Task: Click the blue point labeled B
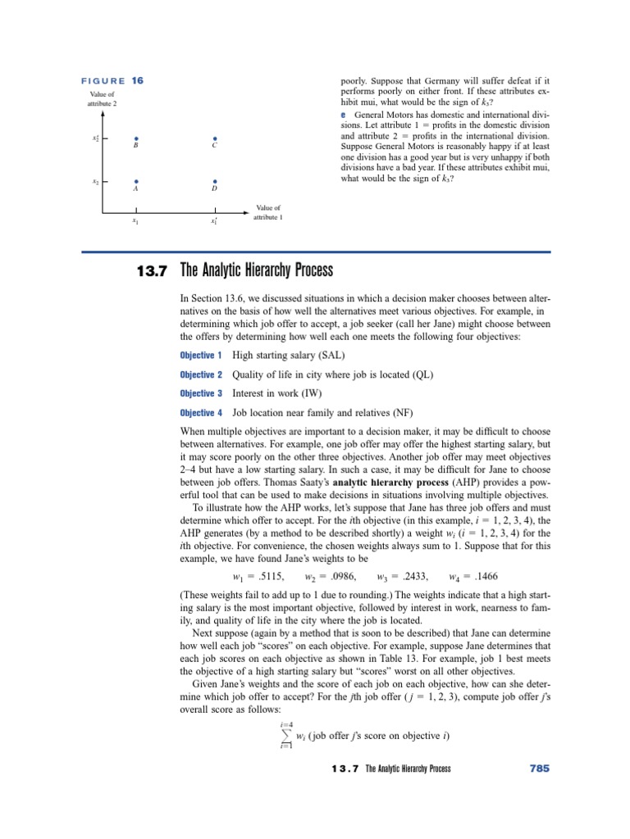pyautogui.click(x=136, y=138)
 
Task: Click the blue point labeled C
pyautogui.click(x=214, y=138)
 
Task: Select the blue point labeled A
pyautogui.click(x=136, y=181)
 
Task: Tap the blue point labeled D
pyautogui.click(x=214, y=181)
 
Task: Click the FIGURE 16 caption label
pyautogui.click(x=112, y=80)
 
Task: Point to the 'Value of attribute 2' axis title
pyautogui.click(x=103, y=100)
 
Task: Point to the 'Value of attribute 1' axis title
pyautogui.click(x=268, y=213)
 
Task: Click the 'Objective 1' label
pyautogui.click(x=201, y=356)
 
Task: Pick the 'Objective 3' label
pyautogui.click(x=201, y=394)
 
